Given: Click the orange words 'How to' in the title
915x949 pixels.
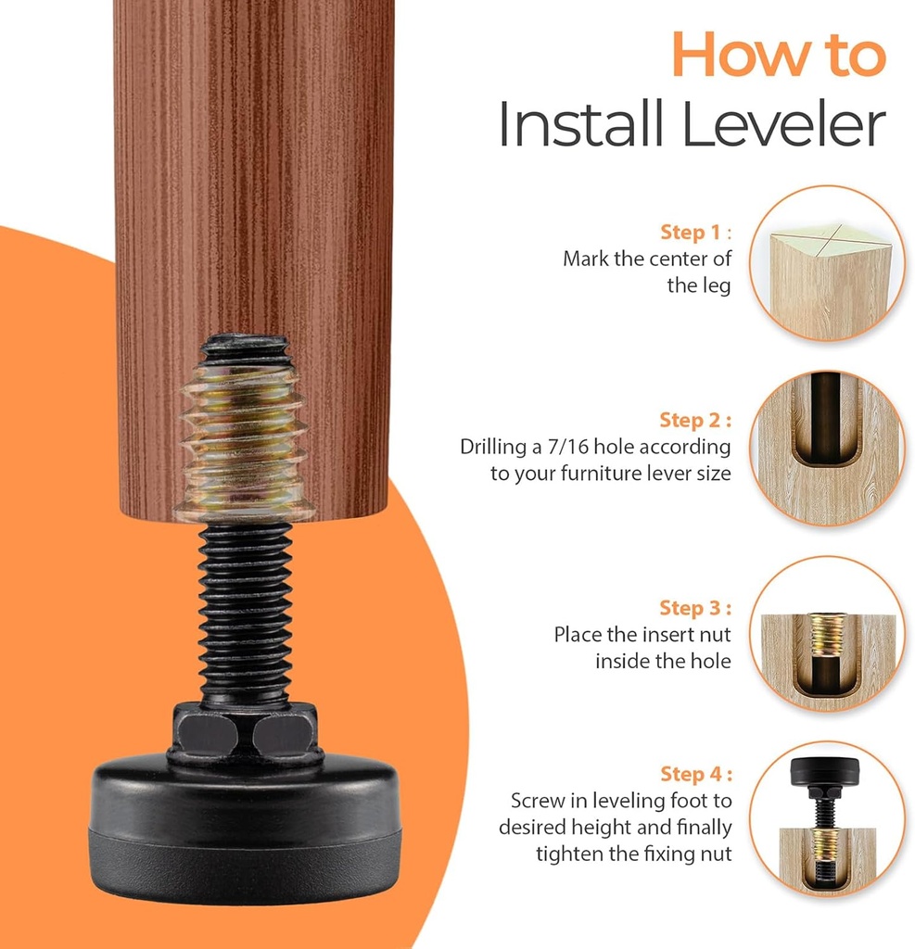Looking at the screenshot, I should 779,56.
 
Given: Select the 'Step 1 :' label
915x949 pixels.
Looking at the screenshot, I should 695,232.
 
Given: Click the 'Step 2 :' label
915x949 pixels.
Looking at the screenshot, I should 695,420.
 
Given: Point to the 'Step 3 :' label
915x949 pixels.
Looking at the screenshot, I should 695,608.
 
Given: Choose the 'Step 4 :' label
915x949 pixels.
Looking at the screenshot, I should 695,773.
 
